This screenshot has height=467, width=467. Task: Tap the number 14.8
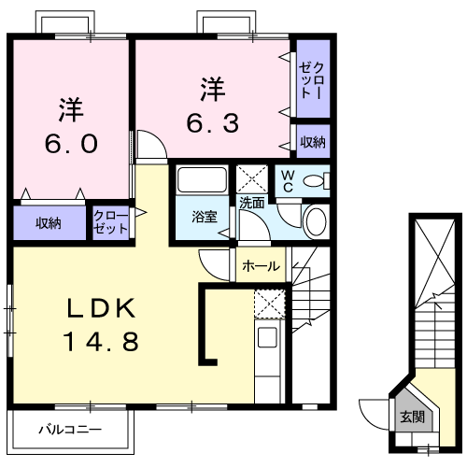click(102, 342)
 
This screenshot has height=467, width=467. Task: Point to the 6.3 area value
click(214, 121)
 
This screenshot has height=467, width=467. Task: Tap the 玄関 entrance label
click(411, 417)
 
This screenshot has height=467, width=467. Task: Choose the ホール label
click(261, 266)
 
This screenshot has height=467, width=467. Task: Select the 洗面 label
click(251, 203)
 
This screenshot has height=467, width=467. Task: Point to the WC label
click(287, 179)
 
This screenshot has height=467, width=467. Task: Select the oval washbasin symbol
click(317, 222)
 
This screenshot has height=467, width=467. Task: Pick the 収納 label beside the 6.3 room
click(313, 141)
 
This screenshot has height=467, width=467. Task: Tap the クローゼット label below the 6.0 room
click(112, 223)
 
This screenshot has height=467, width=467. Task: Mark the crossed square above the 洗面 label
click(251, 177)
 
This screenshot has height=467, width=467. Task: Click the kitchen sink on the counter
click(268, 339)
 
